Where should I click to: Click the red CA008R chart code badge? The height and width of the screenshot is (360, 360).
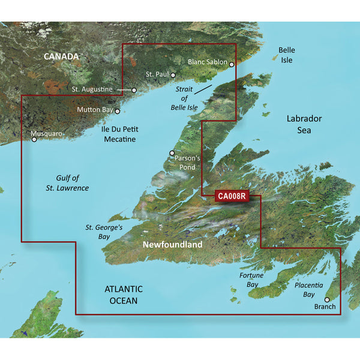pyautogui.click(x=230, y=196)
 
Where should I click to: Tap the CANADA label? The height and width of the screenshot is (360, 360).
pyautogui.click(x=60, y=56)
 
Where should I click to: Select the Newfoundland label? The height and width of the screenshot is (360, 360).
pyautogui.click(x=172, y=246)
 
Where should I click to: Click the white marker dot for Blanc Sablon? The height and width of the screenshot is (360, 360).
pyautogui.click(x=232, y=62)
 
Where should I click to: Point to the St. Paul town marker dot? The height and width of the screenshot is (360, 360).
pyautogui.click(x=173, y=75)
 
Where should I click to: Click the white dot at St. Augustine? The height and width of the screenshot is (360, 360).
pyautogui.click(x=134, y=90)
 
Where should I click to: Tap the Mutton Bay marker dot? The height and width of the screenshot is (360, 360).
pyautogui.click(x=118, y=111)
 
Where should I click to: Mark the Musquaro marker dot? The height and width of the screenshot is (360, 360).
pyautogui.click(x=34, y=139)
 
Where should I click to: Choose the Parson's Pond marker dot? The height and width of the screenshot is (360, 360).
pyautogui.click(x=172, y=153)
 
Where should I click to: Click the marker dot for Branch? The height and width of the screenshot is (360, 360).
pyautogui.click(x=327, y=299)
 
